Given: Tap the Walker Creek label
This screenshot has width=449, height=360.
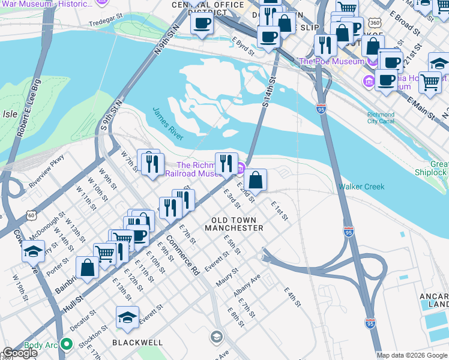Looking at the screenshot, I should click(x=361, y=187).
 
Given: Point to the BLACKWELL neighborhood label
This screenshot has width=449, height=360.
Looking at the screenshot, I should click(x=137, y=342).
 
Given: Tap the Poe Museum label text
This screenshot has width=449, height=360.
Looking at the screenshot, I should click(x=331, y=61).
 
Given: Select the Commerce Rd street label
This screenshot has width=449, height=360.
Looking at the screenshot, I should click(x=182, y=255).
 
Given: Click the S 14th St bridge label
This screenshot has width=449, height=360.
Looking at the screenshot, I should click(x=268, y=91).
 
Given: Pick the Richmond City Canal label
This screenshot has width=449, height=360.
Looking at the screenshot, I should click(x=381, y=118).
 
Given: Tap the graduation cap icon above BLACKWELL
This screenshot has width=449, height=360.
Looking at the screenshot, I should click(x=127, y=317).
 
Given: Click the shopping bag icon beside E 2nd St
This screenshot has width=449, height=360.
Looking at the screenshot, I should click(x=255, y=179).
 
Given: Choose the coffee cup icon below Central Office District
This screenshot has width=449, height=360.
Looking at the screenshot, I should click(x=202, y=24).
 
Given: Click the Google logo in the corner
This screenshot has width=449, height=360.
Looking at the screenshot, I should click(x=19, y=353).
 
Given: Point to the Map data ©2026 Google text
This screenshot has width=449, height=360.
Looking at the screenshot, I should click(x=412, y=355).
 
